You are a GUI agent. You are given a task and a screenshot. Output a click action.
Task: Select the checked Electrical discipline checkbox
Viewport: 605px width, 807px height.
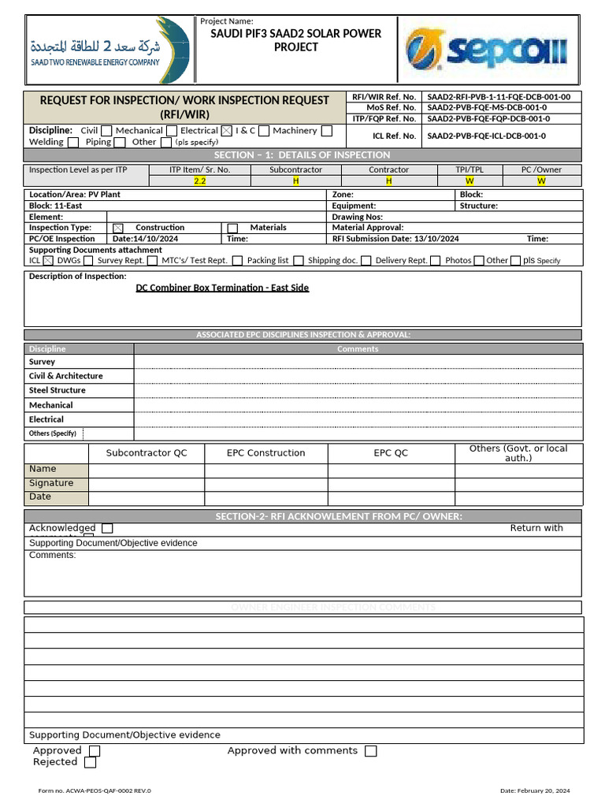(x=227, y=131)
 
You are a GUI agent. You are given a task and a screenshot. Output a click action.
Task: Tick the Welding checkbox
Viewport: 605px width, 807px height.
(x=73, y=143)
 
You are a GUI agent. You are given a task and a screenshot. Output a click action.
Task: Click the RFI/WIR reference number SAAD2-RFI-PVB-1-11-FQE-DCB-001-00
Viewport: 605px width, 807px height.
(x=499, y=96)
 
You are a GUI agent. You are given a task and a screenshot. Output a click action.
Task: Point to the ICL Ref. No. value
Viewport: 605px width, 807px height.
(x=487, y=136)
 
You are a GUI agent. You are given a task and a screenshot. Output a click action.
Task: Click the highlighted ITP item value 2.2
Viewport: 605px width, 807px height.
(x=200, y=180)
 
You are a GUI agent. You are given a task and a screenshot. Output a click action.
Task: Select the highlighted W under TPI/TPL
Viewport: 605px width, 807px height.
(x=470, y=180)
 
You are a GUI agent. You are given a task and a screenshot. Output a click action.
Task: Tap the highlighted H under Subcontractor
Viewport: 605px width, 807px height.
(x=296, y=180)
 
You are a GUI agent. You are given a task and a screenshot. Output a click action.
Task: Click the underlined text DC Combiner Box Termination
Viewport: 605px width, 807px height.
(x=222, y=288)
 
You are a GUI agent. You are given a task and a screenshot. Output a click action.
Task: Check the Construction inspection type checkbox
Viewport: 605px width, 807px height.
(x=120, y=228)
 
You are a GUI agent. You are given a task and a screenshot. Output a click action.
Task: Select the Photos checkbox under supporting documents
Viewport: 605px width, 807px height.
(x=479, y=261)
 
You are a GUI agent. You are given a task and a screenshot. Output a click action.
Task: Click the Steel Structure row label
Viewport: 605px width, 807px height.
(x=58, y=390)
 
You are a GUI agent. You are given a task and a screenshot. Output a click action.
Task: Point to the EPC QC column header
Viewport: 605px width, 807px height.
(x=391, y=453)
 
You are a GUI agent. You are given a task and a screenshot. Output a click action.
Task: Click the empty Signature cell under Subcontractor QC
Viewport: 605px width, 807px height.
(x=147, y=484)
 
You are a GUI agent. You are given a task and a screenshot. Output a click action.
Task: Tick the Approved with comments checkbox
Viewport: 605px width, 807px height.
(x=370, y=751)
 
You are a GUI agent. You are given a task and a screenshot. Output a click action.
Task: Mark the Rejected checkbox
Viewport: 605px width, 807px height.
(x=90, y=762)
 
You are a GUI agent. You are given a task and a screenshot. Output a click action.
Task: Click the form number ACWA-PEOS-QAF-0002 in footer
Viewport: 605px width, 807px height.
(x=95, y=790)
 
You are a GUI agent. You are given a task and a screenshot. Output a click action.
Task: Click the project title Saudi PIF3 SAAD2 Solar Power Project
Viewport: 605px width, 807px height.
(x=296, y=40)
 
